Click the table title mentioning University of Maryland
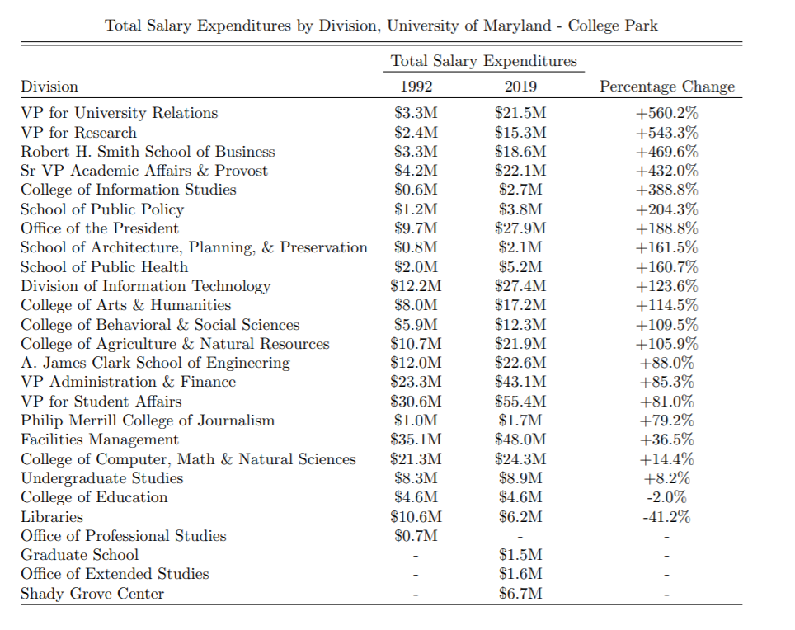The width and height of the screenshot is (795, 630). click(382, 25)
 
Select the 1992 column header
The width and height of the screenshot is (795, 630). click(416, 87)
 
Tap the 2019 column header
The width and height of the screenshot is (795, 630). click(520, 87)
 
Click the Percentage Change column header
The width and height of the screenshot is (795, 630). click(666, 87)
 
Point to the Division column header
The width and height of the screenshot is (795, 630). click(49, 87)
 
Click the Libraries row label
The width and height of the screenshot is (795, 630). click(52, 517)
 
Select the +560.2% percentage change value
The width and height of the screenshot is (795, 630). click(666, 113)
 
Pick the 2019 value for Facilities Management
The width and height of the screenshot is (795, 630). click(520, 440)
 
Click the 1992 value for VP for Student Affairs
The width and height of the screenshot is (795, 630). click(416, 402)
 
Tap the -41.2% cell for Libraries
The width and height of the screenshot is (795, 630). click(666, 517)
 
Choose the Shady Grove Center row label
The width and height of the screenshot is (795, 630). click(92, 594)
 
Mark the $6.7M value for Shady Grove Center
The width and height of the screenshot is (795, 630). click(520, 594)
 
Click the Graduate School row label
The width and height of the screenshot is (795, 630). click(80, 555)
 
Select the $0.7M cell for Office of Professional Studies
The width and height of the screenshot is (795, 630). click(416, 536)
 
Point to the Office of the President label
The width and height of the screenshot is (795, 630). click(100, 228)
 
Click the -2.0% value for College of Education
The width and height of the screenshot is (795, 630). click(666, 497)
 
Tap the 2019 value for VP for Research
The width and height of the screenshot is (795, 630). click(520, 132)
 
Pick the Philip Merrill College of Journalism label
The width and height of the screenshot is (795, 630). click(148, 421)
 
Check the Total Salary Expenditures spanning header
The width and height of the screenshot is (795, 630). click(484, 61)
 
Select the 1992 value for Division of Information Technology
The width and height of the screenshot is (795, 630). click(416, 286)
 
